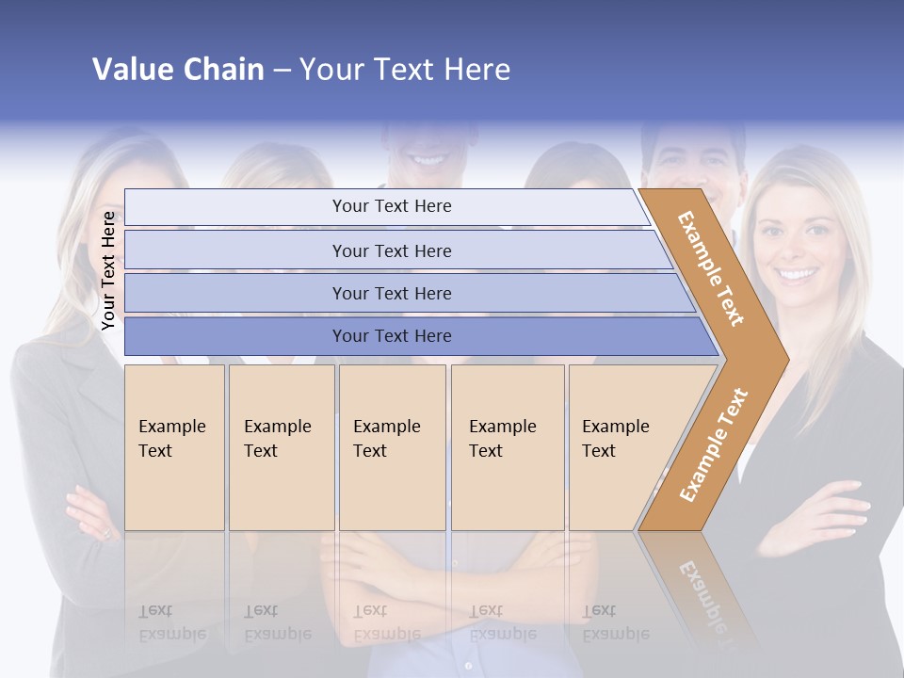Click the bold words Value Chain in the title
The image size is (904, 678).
pos(178,70)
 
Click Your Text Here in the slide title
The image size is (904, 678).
pos(405,70)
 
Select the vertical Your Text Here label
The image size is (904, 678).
pos(109,270)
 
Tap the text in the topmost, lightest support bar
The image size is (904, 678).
pos(392,206)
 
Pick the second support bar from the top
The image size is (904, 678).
pos(392,250)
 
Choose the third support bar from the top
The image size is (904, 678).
pos(392,293)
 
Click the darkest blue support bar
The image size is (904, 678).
pos(392,336)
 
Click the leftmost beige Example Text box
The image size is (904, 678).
pos(174,447)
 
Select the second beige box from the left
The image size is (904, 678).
pos(281,447)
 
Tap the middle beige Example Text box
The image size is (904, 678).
pos(392,447)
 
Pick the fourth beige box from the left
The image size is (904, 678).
pos(507,447)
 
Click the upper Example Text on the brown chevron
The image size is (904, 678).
pos(711,268)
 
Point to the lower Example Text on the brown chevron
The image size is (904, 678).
pos(714,445)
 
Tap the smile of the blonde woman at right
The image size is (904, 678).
pos(799,275)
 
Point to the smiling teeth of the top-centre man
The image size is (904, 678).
pos(428,160)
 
